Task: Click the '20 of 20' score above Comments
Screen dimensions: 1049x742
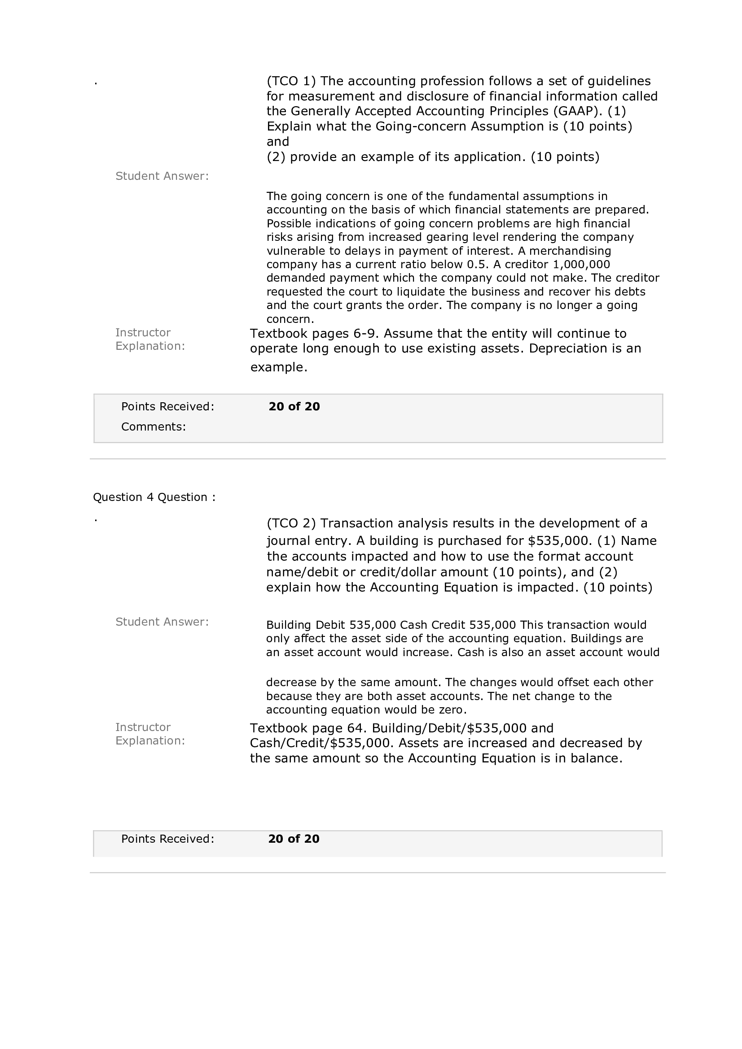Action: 294,407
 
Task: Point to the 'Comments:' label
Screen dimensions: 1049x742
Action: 154,427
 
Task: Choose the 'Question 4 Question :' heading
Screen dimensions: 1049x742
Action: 154,497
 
